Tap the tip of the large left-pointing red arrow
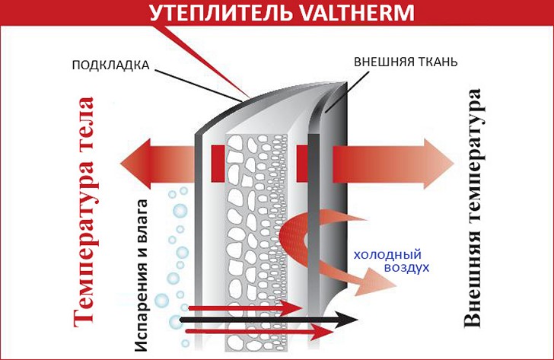[x=122, y=162]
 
